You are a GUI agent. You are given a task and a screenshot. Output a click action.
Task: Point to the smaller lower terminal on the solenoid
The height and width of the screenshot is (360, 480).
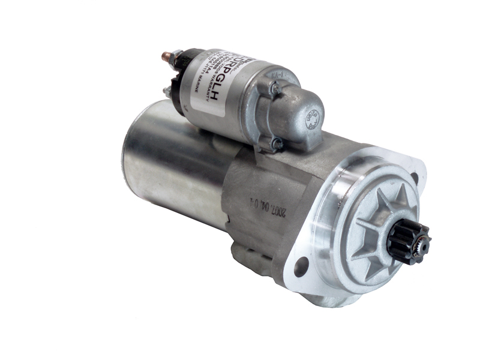[166, 91]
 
